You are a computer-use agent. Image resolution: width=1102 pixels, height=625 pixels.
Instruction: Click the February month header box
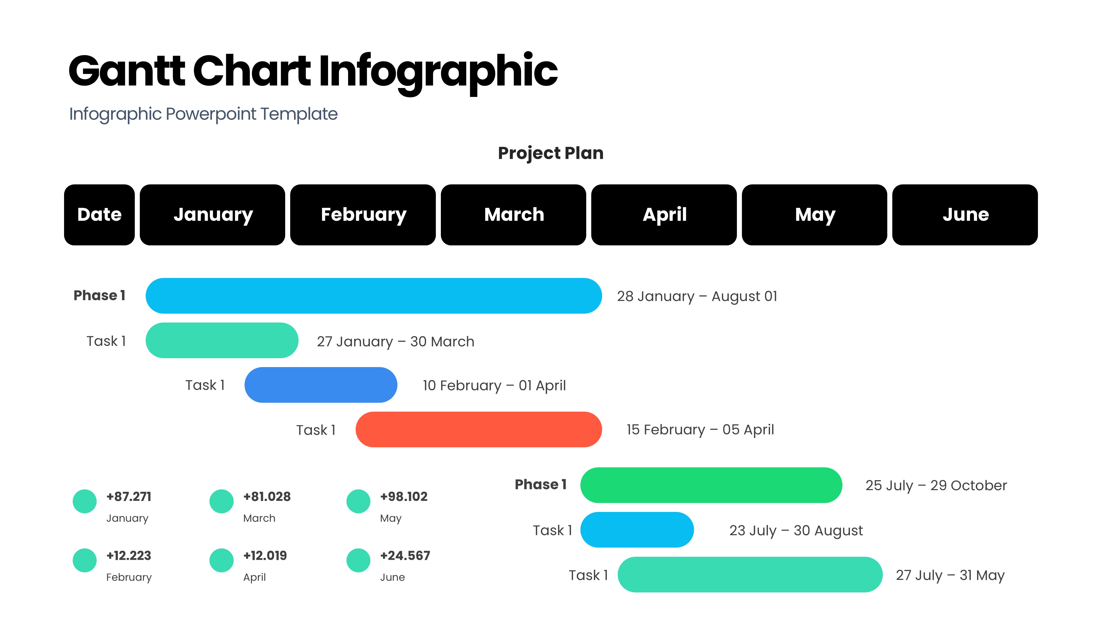click(363, 215)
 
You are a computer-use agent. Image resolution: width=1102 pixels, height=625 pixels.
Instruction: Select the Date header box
click(99, 215)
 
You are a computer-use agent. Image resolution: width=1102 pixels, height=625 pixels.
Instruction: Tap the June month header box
click(965, 215)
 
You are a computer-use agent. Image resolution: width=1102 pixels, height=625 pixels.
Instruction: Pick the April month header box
click(664, 215)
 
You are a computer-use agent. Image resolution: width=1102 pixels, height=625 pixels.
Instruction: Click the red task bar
click(478, 429)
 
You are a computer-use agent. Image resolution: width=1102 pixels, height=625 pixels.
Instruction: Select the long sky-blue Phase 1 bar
click(374, 296)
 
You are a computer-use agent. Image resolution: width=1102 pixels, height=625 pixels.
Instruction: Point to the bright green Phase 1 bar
click(711, 485)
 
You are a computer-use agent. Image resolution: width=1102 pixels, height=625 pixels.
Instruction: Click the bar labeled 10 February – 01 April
click(321, 385)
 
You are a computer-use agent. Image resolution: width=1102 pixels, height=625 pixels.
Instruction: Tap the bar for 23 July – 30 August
click(637, 530)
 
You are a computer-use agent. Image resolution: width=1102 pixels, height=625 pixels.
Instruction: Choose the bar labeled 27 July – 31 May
click(750, 574)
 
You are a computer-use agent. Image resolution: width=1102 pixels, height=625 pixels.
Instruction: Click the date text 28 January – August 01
click(697, 296)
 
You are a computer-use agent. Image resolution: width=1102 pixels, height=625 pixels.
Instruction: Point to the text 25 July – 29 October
click(936, 485)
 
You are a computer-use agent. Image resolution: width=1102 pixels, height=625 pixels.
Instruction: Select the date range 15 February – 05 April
click(700, 430)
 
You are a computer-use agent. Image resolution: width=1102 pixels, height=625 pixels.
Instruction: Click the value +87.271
click(129, 497)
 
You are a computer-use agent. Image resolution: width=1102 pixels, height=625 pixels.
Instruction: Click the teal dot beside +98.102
click(358, 501)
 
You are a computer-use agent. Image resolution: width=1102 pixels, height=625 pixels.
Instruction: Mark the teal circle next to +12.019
click(221, 560)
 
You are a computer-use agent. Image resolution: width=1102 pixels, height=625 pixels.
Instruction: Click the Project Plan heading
click(551, 153)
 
